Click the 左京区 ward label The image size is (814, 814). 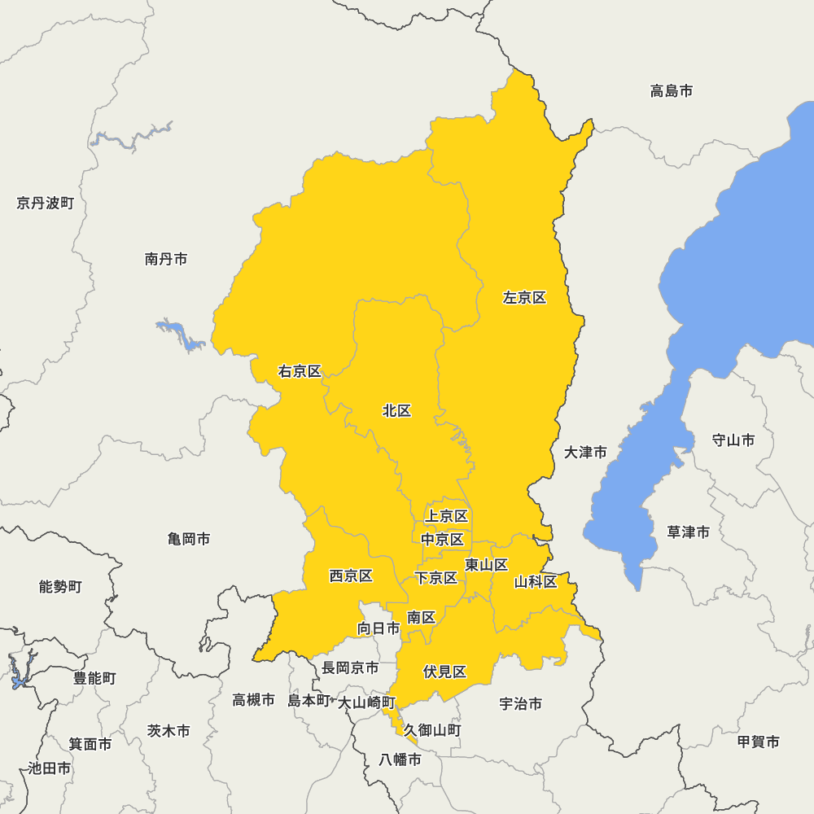click(x=524, y=298)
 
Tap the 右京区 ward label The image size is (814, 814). click(x=300, y=372)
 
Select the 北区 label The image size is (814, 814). click(x=396, y=411)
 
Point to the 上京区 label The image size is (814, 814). click(x=446, y=516)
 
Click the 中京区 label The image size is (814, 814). click(x=442, y=540)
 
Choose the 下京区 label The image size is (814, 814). click(x=435, y=578)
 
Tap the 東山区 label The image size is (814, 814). click(x=486, y=565)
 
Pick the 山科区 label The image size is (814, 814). click(x=535, y=582)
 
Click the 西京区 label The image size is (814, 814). click(x=351, y=576)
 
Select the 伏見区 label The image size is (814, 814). click(x=444, y=672)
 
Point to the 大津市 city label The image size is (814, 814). click(x=585, y=453)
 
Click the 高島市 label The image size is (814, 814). click(x=672, y=91)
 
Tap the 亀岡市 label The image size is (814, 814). click(x=189, y=539)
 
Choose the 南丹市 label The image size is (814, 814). click(x=166, y=259)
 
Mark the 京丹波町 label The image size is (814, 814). click(x=45, y=203)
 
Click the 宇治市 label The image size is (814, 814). click(x=520, y=704)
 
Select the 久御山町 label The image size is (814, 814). click(x=432, y=731)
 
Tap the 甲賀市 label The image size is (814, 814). click(x=758, y=742)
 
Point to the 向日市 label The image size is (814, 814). click(x=379, y=628)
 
